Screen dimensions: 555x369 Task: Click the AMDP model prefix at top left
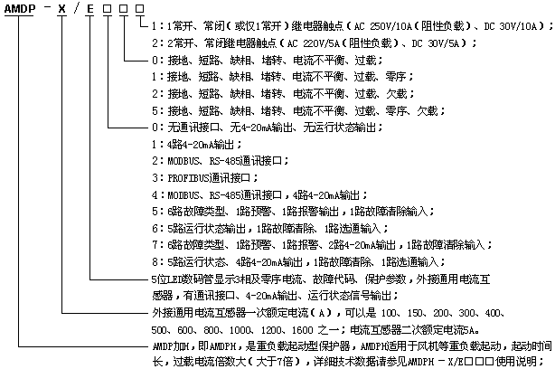coord(20,8)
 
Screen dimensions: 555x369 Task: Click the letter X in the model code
coord(62,8)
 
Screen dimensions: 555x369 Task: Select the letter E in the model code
coord(90,8)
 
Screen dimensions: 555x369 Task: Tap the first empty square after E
coord(107,8)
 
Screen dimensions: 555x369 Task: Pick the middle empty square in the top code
coord(124,8)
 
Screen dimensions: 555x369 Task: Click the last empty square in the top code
coord(140,8)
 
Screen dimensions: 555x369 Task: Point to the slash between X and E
coord(76,8)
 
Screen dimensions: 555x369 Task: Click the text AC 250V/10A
coord(383,26)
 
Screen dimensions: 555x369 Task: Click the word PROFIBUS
coord(188,178)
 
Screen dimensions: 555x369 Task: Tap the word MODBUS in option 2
coord(183,161)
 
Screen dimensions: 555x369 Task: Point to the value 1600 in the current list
coord(302,330)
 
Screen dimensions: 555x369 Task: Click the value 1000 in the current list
coord(240,330)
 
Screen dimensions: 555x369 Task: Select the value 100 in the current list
coord(389,313)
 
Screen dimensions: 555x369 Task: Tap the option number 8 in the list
coord(155,262)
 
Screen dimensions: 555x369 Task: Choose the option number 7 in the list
coord(155,245)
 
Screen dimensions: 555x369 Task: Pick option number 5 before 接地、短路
coord(155,111)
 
